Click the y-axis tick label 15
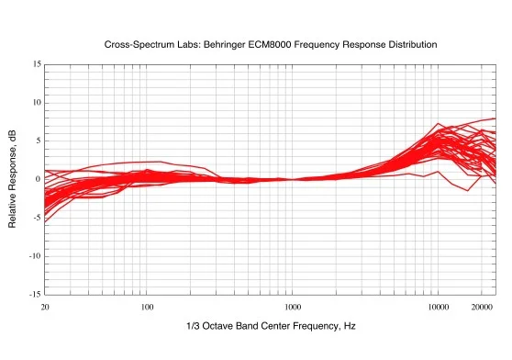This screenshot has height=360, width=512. point(36,64)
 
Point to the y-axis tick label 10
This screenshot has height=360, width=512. point(36,102)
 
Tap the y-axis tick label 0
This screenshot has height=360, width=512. point(38,179)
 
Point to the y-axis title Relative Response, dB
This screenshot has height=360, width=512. point(14,179)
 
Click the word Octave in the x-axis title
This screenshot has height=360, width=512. point(217,326)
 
